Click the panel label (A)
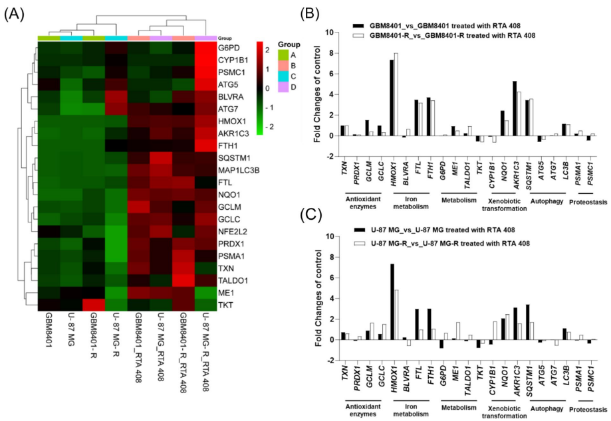pyautogui.click(x=14, y=13)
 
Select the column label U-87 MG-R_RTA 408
pyautogui.click(x=207, y=352)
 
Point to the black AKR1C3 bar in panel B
pyautogui.click(x=495, y=108)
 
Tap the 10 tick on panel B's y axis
pyautogui.click(x=330, y=32)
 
